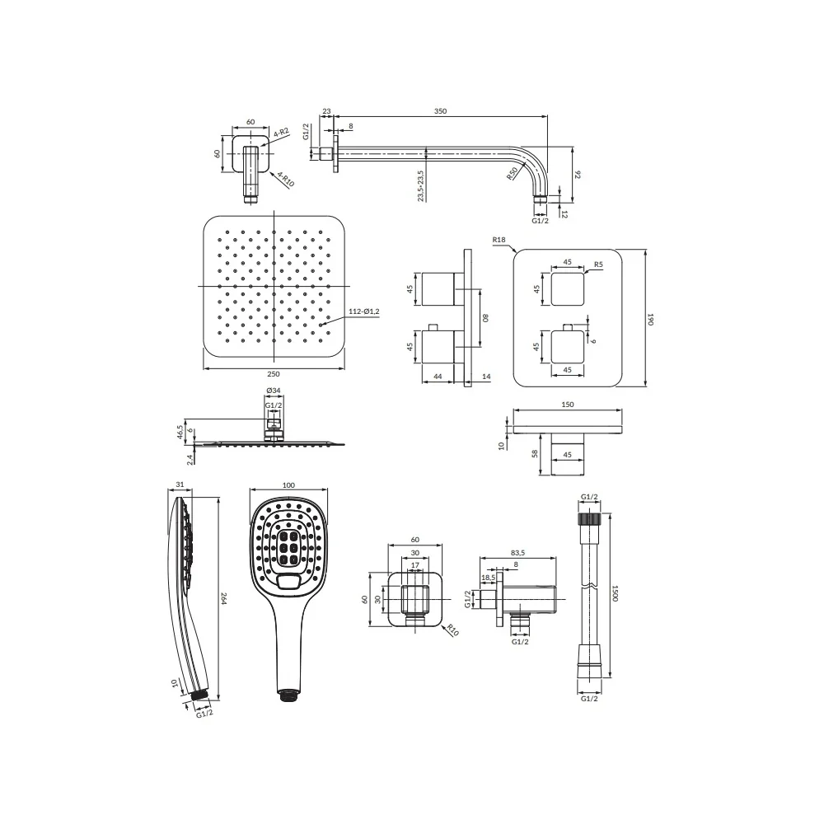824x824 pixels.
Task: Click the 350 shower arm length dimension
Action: point(440,111)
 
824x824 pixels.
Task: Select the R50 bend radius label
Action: point(513,174)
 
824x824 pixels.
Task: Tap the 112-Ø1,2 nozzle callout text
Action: point(363,311)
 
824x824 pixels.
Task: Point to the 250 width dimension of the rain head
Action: point(274,374)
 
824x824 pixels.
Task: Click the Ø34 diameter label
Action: point(274,391)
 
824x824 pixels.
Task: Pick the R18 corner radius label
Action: point(499,240)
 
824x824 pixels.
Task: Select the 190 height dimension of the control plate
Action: point(651,319)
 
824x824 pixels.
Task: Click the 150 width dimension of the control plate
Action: point(568,404)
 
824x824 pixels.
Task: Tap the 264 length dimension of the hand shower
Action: point(223,598)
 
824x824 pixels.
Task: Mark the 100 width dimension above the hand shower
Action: point(288,485)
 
